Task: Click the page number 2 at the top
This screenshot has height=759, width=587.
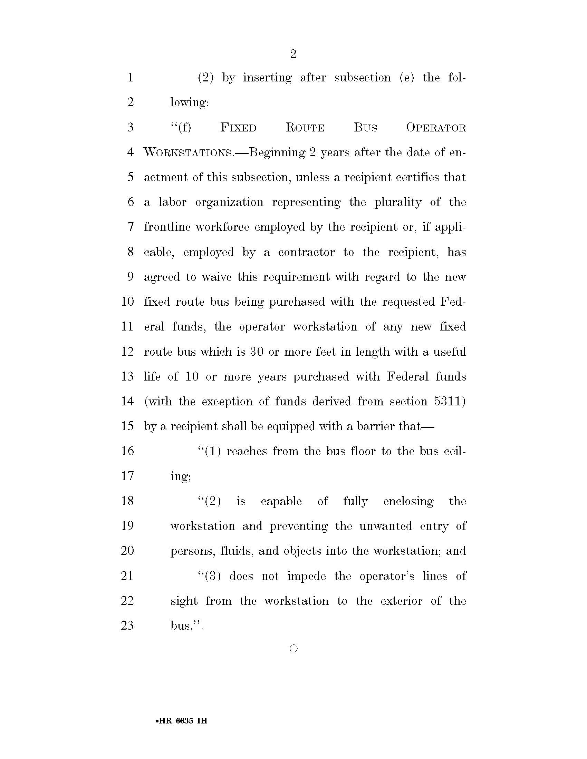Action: click(293, 54)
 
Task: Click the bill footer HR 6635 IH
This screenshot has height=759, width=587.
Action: click(182, 720)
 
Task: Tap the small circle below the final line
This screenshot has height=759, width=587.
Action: click(293, 648)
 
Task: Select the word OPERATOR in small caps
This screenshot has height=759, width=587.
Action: click(436, 128)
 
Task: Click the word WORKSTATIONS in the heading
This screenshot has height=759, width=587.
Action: click(188, 152)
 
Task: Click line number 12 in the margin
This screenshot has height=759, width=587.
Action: click(127, 352)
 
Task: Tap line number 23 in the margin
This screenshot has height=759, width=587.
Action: click(127, 625)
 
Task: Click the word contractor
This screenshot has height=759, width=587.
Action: click(306, 252)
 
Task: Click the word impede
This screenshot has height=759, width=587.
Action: click(306, 576)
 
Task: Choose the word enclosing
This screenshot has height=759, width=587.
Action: click(408, 501)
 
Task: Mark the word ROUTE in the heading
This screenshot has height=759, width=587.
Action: click(305, 128)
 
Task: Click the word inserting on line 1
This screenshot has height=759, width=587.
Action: click(267, 78)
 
